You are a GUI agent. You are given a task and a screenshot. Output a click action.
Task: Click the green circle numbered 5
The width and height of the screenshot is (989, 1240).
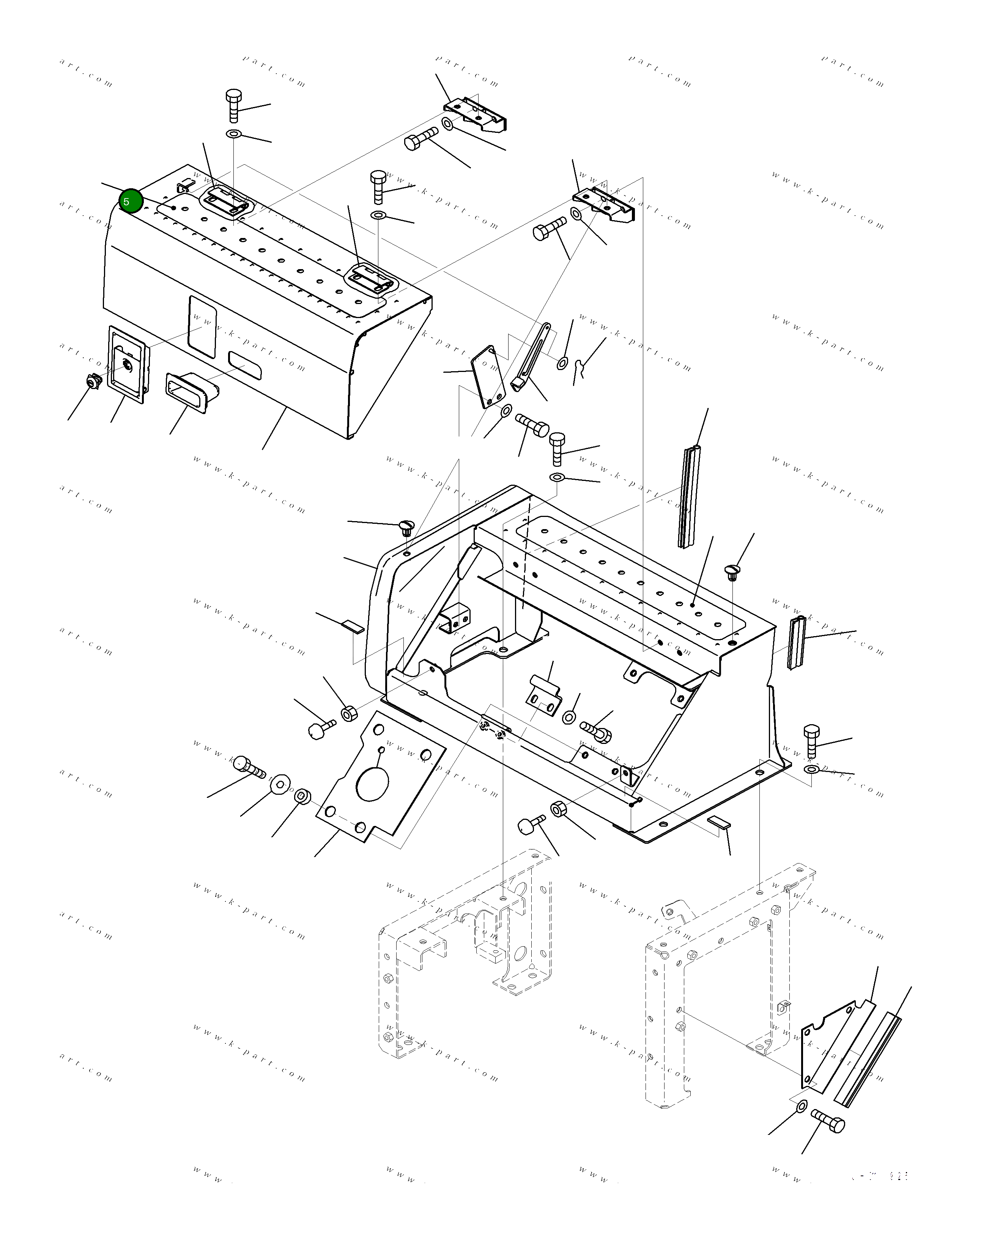coord(131,201)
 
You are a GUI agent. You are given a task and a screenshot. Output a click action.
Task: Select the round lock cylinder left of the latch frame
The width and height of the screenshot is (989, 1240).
coord(91,381)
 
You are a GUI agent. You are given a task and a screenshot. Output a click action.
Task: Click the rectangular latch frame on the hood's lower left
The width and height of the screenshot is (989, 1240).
coord(128,361)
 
